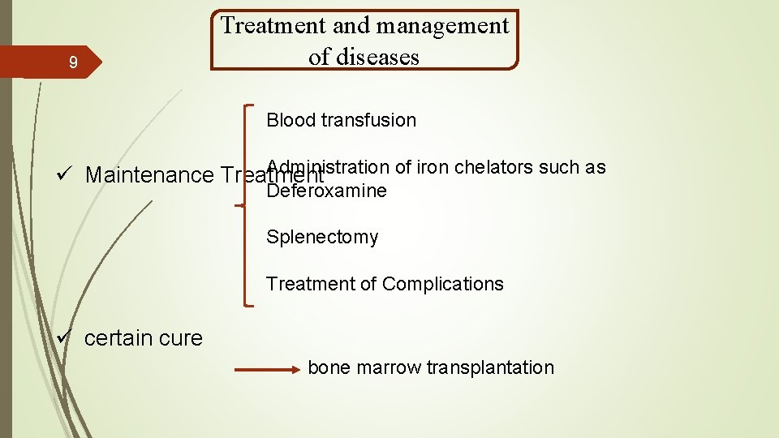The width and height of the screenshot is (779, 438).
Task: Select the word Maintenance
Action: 148,175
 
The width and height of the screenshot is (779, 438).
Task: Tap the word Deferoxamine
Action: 327,191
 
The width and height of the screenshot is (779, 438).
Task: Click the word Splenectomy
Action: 322,237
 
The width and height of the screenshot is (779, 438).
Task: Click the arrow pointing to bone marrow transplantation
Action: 267,370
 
